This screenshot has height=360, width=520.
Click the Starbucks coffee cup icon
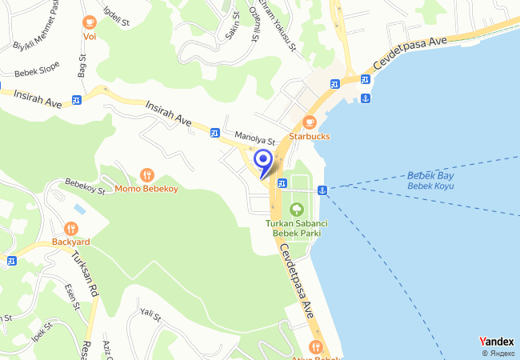(309, 122)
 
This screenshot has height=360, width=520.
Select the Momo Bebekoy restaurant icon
(147, 174)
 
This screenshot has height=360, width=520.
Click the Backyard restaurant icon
(70, 226)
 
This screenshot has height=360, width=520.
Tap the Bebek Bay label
(430, 175)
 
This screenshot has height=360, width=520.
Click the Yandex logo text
(497, 341)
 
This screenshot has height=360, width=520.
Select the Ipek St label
(42, 330)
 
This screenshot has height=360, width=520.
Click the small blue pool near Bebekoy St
(79, 208)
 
